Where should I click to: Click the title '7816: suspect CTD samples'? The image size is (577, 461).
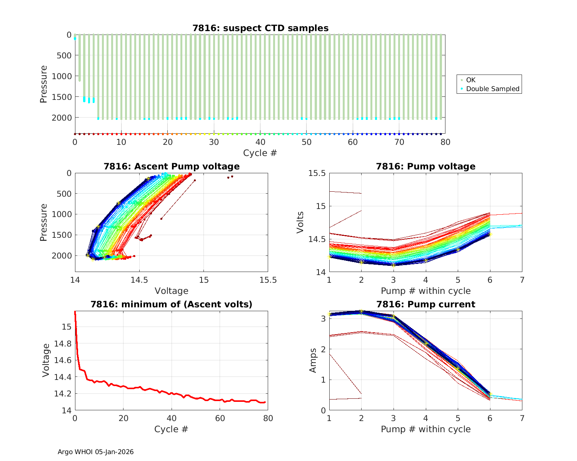point(260,28)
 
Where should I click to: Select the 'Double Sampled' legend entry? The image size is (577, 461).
point(492,89)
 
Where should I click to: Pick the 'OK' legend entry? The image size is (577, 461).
point(470,80)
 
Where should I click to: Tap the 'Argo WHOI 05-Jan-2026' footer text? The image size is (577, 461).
point(95,452)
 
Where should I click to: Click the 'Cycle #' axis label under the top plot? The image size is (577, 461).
point(260,153)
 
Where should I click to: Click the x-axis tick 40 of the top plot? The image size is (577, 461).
point(260,142)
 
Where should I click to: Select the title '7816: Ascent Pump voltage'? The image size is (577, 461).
point(172,166)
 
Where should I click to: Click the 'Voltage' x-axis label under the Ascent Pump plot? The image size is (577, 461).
point(172,291)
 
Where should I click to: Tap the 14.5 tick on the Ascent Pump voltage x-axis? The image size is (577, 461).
point(139,280)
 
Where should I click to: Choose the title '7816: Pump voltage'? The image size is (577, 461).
point(425,166)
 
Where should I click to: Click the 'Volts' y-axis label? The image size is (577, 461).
point(300,222)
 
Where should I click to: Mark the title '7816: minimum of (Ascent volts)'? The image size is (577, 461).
point(172,305)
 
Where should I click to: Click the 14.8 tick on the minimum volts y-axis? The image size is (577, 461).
point(63,343)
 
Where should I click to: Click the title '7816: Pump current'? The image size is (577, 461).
point(425,305)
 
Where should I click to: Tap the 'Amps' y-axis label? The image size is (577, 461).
point(313,360)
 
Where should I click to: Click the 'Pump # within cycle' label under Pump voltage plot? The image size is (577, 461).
point(425,291)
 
